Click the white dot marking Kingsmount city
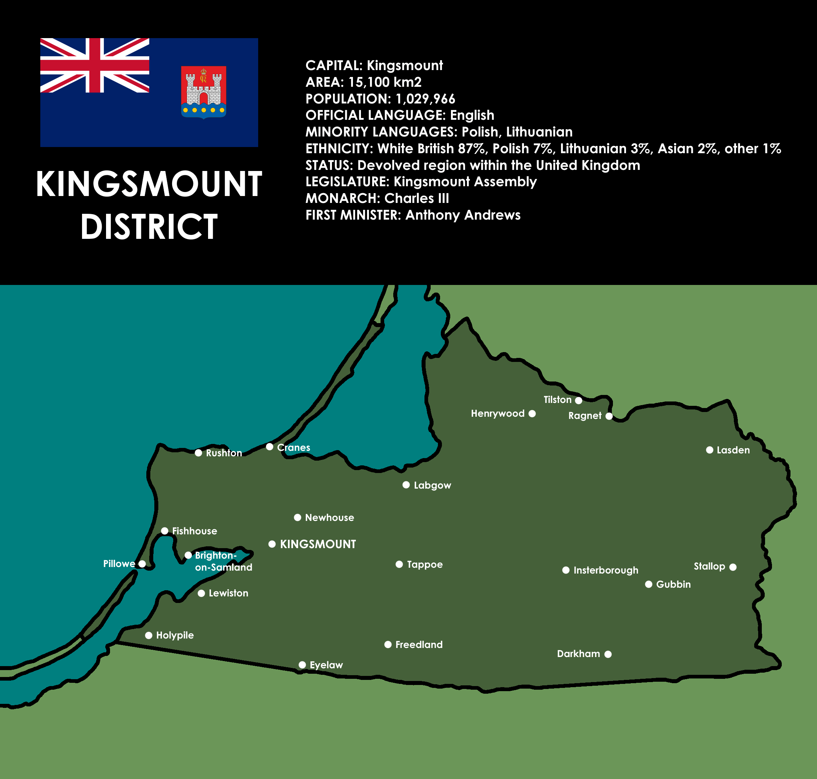click(272, 544)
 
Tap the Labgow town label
click(432, 485)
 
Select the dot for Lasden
click(710, 450)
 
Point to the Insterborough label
click(606, 571)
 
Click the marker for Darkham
click(608, 654)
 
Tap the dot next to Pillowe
click(142, 564)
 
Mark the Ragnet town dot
click(609, 416)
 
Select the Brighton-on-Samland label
click(223, 562)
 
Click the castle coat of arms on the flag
click(203, 92)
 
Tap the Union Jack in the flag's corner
click(95, 65)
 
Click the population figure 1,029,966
click(425, 99)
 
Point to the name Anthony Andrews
click(463, 215)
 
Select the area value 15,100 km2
click(385, 82)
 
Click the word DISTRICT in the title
click(149, 227)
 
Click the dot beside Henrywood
click(532, 413)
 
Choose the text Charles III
click(416, 199)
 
